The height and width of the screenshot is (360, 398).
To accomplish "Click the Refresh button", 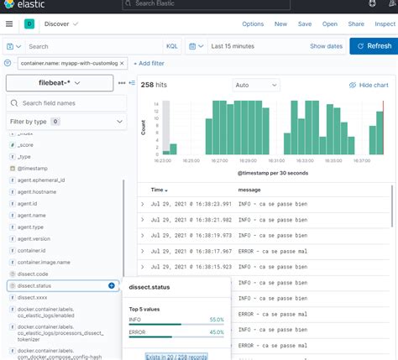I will point(373,46).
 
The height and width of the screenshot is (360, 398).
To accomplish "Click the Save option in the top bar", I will point(305,25).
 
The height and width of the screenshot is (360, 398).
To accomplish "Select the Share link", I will point(355,25).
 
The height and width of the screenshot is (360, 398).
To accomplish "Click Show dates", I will point(326,46).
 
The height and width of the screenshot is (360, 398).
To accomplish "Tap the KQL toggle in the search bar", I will point(171,46).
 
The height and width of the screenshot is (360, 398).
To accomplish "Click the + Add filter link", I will point(149,64).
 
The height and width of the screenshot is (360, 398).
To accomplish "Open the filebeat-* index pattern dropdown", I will point(59,82).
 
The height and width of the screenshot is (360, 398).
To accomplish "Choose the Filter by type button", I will point(34,122).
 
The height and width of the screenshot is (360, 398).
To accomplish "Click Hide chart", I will point(368,86).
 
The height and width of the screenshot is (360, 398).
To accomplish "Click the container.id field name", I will point(32,250).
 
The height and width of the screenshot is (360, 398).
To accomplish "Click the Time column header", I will point(158,190).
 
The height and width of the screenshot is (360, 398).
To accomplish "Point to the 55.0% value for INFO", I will point(216,320).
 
